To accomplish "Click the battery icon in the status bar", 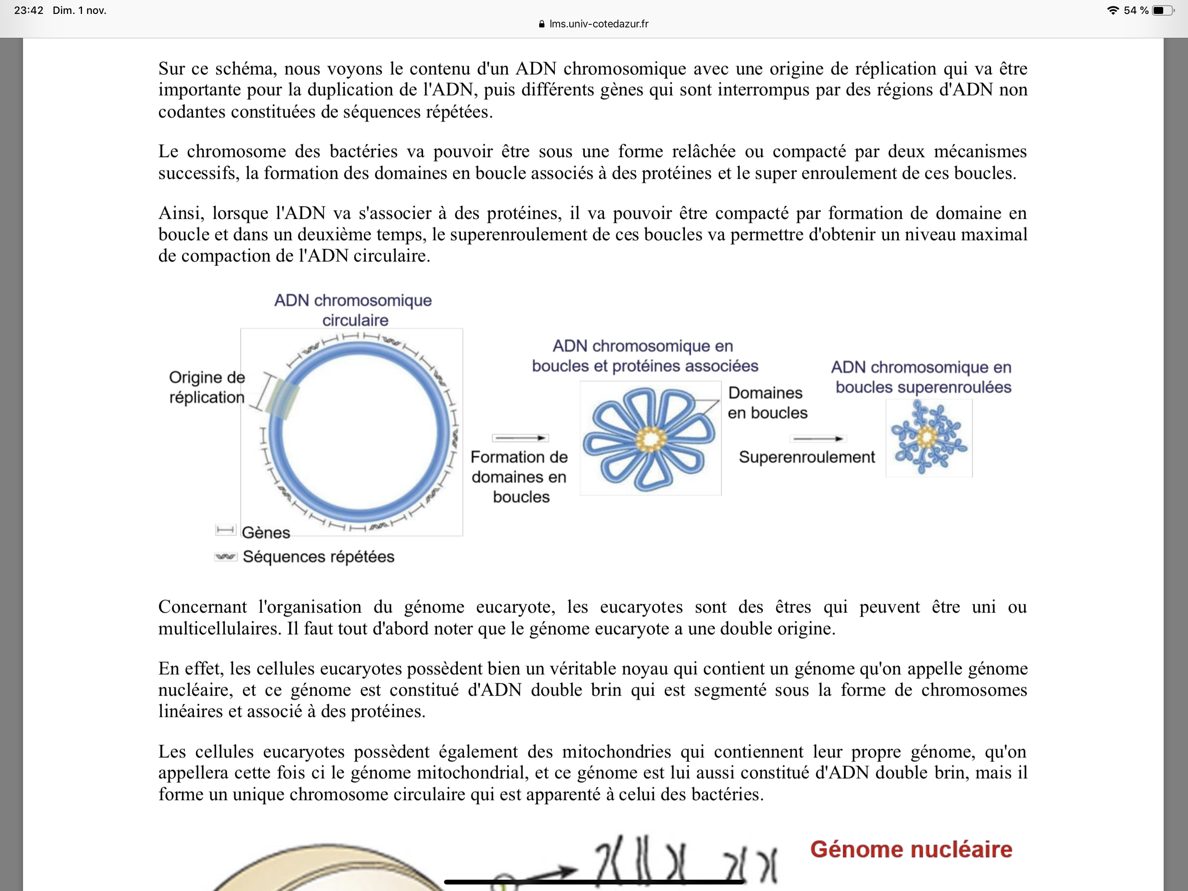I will pyautogui.click(x=1162, y=10).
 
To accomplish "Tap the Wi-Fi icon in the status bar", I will pyautogui.click(x=1112, y=10).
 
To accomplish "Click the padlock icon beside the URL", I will pyautogui.click(x=541, y=24).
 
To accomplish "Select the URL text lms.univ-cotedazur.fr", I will pyautogui.click(x=599, y=24).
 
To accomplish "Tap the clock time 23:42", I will pyautogui.click(x=28, y=10).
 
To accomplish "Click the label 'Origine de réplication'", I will pyautogui.click(x=207, y=387).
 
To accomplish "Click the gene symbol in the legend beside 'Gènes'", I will pyautogui.click(x=225, y=530).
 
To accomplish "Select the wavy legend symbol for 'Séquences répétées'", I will pyautogui.click(x=225, y=556).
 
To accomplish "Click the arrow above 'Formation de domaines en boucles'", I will pyautogui.click(x=520, y=438).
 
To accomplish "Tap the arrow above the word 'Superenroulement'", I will pyautogui.click(x=818, y=439).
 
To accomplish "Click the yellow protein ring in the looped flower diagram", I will pyautogui.click(x=651, y=439).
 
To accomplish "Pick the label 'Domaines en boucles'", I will pyautogui.click(x=767, y=402).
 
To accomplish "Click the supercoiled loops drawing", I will pyautogui.click(x=928, y=438).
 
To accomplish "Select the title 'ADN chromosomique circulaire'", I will pyautogui.click(x=354, y=310).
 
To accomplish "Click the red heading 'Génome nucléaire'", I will pyautogui.click(x=911, y=850).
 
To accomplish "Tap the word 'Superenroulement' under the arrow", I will pyautogui.click(x=807, y=457).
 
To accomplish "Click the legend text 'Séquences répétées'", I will pyautogui.click(x=318, y=557).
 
